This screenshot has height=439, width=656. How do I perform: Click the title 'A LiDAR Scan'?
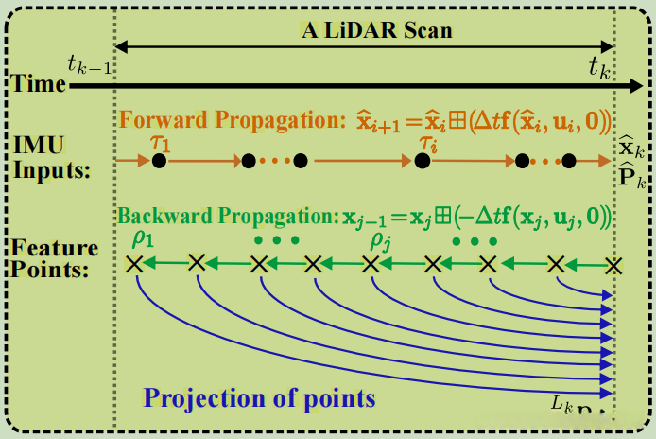click(376, 30)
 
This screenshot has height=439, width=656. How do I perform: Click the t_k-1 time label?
click(88, 65)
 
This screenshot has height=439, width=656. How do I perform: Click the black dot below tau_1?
click(159, 161)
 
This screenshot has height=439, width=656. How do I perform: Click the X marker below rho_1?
click(134, 265)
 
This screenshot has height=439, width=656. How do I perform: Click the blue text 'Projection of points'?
click(260, 397)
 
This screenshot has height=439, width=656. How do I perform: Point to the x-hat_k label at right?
click(631, 148)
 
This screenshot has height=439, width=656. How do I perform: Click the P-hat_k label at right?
click(631, 174)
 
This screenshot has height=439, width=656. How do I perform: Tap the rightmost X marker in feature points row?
click(614, 266)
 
